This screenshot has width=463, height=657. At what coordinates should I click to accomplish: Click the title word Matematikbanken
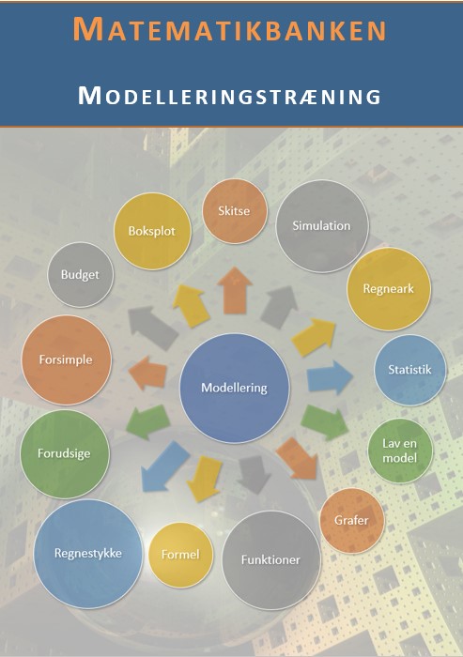[x=229, y=29]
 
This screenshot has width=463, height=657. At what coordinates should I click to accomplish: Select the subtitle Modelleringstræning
[x=229, y=96]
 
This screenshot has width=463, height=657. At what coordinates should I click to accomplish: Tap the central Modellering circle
[x=235, y=388]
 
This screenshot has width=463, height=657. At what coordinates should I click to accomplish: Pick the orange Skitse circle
[x=235, y=211]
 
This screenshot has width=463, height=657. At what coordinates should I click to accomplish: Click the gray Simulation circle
[x=322, y=226]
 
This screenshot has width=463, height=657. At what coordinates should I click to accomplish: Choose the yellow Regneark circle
[x=389, y=289]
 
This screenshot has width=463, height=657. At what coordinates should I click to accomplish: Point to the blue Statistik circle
[x=409, y=370]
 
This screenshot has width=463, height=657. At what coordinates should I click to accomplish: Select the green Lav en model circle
[x=400, y=451]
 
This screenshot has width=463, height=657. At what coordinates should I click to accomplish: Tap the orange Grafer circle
[x=352, y=520]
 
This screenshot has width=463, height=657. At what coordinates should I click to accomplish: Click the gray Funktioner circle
[x=270, y=560]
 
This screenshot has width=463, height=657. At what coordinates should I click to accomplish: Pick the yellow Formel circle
[x=180, y=555]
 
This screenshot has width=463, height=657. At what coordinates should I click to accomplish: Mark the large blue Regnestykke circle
[x=88, y=554]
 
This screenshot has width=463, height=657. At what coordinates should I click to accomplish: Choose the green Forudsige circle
[x=65, y=453]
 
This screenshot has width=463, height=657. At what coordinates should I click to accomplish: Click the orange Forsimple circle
[x=67, y=359]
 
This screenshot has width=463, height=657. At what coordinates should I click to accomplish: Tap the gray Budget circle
[x=81, y=275]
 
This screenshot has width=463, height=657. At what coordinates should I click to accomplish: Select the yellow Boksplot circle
[x=152, y=231]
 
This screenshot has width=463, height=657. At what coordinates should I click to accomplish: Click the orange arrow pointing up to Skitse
[x=235, y=290]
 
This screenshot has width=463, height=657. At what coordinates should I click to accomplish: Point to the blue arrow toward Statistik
[x=330, y=377]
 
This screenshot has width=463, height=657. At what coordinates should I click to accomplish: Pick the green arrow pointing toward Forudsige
[x=148, y=421]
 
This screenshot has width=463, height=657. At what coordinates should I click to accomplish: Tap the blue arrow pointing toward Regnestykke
[x=164, y=466]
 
